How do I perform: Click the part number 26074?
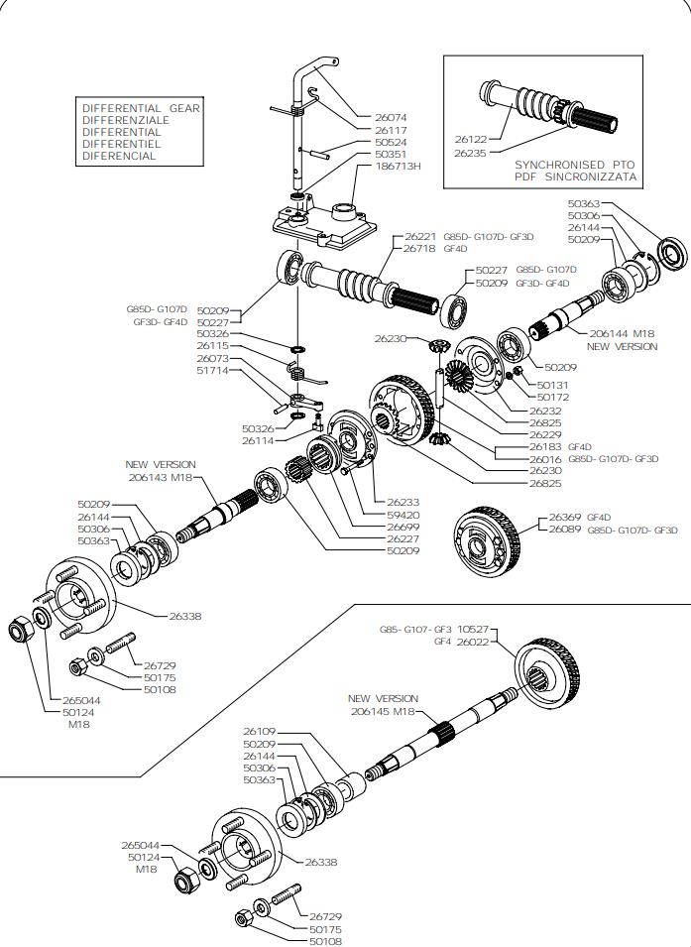point(391,118)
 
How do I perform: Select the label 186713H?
point(398,167)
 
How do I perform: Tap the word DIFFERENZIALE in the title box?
point(126,120)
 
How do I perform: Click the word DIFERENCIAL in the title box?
point(119,156)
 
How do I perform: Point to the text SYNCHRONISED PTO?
point(574,165)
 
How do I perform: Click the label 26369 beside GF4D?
point(567,518)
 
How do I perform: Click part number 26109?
point(260,731)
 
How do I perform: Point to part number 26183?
point(545,447)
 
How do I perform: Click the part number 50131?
point(553,385)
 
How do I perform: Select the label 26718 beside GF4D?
point(420,249)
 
